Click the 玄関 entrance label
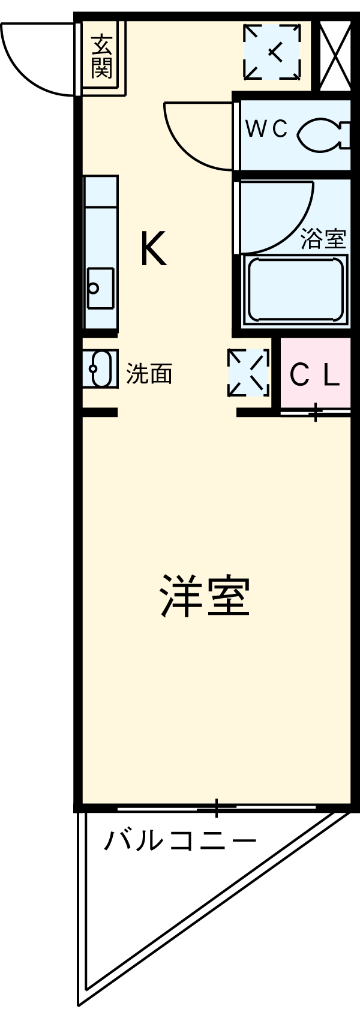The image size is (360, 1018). click(102, 56)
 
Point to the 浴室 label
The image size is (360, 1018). click(323, 239)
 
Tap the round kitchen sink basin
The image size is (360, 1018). click(94, 288)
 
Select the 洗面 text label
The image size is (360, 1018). click(149, 374)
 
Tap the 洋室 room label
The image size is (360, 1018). click(204, 596)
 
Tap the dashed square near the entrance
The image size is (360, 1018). click(272, 52)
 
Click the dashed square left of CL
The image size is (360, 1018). click(248, 373)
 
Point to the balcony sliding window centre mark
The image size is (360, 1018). click(216, 808)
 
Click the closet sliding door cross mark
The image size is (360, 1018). click(315, 413)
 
